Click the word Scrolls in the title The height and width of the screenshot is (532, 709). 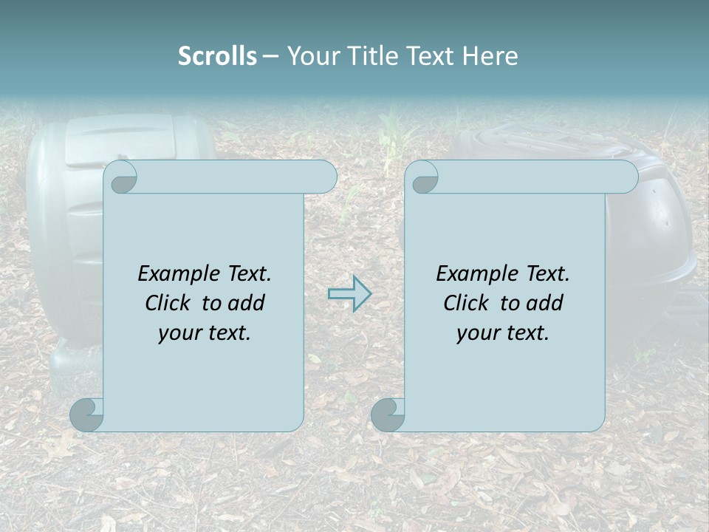[x=217, y=56]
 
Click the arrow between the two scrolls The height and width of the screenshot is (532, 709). [x=349, y=294]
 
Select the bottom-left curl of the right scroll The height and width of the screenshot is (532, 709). [x=388, y=414]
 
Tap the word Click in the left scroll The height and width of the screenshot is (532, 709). [x=169, y=303]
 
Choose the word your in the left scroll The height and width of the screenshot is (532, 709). [x=177, y=333]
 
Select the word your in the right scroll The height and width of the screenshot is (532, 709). [x=476, y=333]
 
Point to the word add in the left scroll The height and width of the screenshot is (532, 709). [x=245, y=303]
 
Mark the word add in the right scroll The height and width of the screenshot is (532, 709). [x=544, y=303]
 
